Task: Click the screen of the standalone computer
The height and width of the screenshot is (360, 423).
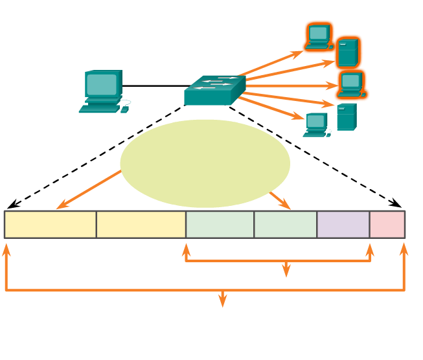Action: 102,84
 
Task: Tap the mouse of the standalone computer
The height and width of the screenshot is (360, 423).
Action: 124,109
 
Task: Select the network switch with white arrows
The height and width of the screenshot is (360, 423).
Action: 214,90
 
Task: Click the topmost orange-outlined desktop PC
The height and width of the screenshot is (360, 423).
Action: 319,36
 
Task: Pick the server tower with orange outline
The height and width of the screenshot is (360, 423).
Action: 348,52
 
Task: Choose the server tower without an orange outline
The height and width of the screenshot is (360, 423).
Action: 347,117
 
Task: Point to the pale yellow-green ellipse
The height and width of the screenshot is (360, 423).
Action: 205,163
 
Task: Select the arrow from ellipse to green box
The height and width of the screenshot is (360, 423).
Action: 280,200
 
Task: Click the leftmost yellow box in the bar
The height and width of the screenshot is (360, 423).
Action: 51,224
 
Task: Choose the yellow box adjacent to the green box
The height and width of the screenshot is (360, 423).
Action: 141,224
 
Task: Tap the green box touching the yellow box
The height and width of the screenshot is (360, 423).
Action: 220,224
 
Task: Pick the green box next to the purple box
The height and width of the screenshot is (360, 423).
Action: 285,224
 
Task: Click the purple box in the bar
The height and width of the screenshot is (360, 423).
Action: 343,224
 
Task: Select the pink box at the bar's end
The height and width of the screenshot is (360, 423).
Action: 387,224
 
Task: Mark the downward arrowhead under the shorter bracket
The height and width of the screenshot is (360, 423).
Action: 286,271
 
